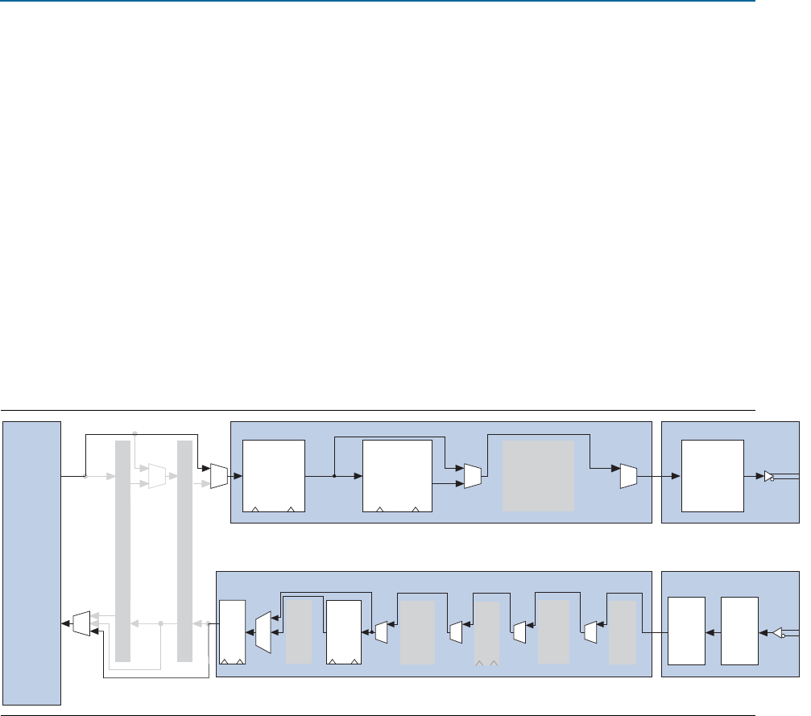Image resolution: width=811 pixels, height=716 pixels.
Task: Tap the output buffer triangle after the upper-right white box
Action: (x=769, y=476)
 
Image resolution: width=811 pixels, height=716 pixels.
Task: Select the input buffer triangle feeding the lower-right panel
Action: (x=778, y=633)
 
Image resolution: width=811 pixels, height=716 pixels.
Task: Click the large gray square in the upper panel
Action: (x=539, y=475)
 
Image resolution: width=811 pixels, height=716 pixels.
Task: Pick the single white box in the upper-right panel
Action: (x=712, y=475)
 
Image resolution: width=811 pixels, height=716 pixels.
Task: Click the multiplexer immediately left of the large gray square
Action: (x=473, y=476)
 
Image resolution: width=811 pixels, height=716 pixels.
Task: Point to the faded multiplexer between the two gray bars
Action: (x=157, y=476)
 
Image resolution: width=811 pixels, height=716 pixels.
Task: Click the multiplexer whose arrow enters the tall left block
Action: (x=80, y=624)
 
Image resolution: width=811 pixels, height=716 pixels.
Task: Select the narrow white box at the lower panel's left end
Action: (x=232, y=632)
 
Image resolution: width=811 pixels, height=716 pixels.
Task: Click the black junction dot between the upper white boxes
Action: (x=333, y=476)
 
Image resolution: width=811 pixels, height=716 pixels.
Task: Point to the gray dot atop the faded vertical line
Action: (x=134, y=432)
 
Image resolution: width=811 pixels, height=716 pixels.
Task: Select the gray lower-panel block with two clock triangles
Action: (x=486, y=633)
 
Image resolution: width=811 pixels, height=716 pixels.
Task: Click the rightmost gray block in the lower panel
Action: (x=621, y=632)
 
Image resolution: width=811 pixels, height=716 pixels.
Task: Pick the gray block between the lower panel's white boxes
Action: (x=299, y=632)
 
